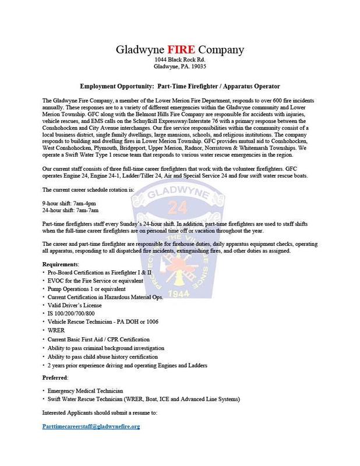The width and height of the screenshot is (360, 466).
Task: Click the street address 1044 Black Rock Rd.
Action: (179, 60)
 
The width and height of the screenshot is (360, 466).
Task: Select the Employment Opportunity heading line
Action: (180, 86)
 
